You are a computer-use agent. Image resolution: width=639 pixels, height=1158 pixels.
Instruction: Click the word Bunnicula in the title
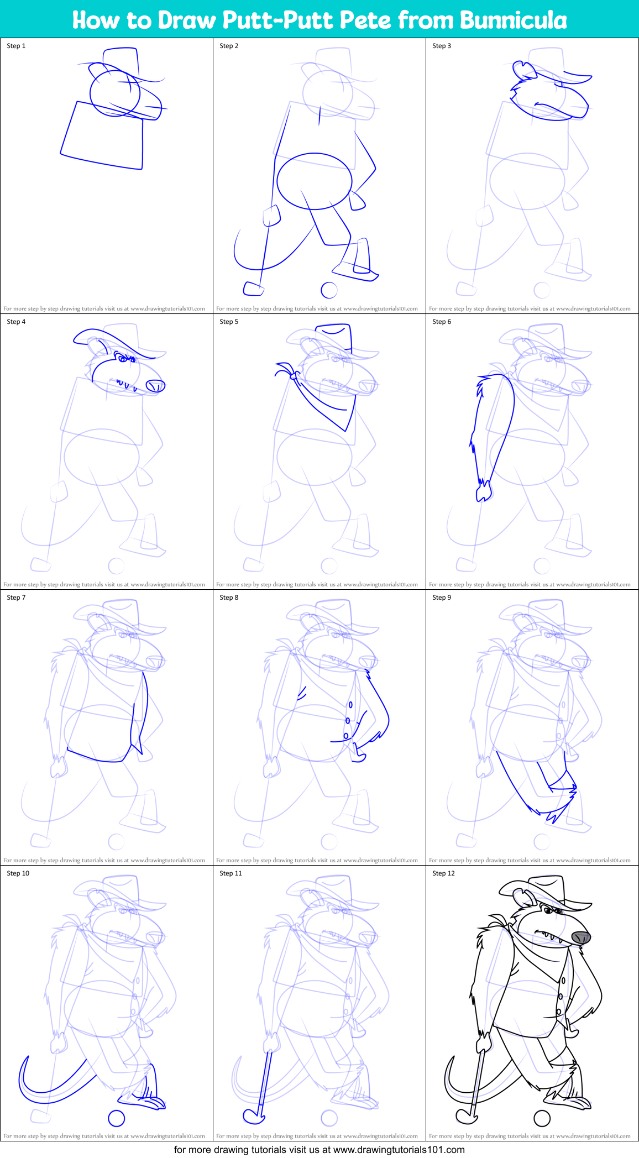(x=513, y=20)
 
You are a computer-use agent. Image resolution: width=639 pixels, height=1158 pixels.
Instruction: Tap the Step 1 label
(x=16, y=46)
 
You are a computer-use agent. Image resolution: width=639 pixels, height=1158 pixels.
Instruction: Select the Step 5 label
(x=229, y=322)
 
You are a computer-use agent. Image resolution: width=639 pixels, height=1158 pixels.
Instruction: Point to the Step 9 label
(x=442, y=598)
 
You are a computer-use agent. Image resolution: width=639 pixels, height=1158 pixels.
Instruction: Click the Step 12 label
(x=443, y=873)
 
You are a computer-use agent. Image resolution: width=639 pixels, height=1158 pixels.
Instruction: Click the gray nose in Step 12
(x=580, y=936)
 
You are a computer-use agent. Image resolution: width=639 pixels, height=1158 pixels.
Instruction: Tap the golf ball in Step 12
(x=542, y=1118)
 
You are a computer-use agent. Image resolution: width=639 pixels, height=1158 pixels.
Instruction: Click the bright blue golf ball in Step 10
(x=116, y=1118)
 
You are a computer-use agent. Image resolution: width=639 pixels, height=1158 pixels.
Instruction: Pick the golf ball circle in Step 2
(x=329, y=290)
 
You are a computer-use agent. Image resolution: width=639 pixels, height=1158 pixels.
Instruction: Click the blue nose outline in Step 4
(x=155, y=386)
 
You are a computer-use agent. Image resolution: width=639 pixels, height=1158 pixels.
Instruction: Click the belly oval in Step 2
(x=314, y=181)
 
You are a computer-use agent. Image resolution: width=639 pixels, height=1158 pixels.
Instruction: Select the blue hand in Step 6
(x=483, y=491)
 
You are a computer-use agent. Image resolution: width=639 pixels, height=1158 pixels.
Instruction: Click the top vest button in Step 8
(x=350, y=705)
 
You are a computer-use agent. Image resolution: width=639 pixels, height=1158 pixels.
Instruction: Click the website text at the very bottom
(x=319, y=1150)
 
